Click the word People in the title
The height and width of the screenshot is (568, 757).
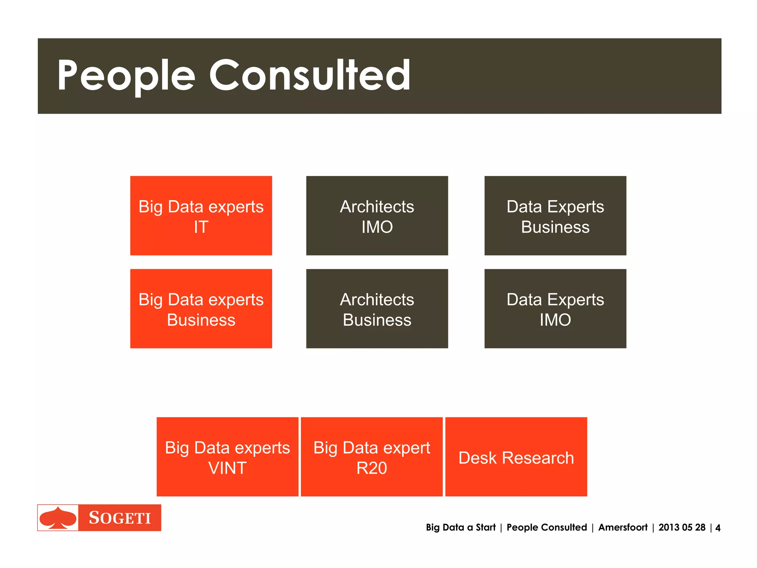point(126,76)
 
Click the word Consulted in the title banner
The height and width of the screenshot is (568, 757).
point(310,76)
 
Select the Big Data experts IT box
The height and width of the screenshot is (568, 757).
point(201,216)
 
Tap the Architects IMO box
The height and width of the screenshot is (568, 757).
point(377,216)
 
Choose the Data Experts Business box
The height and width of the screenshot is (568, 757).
point(555,216)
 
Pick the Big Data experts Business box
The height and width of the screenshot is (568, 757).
point(201,309)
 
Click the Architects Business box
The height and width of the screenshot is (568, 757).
point(377,309)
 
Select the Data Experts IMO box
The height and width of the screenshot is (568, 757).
point(555,309)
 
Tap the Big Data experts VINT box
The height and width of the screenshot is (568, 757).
point(227,457)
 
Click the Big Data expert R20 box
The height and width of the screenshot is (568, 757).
point(371,457)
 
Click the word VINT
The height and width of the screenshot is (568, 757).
point(227,468)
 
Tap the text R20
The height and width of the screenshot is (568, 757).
point(371,468)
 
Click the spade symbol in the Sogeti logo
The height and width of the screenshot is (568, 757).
point(58,518)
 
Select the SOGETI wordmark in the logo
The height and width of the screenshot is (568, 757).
point(120,518)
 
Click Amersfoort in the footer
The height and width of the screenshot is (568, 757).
point(623,527)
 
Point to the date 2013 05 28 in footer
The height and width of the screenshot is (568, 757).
point(682,527)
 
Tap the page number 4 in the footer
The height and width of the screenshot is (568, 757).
point(717,528)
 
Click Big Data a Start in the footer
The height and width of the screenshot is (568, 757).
point(460,527)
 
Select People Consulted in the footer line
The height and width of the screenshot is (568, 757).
point(547,527)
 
